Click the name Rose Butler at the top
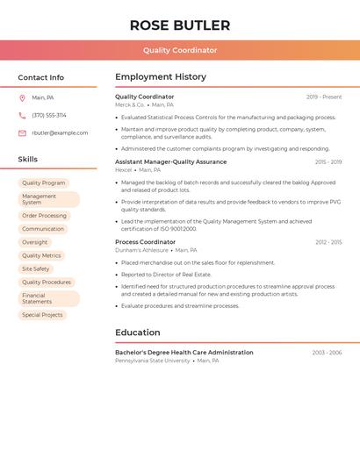point(180,25)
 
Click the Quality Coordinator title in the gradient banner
point(180,50)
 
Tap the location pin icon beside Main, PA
point(22,98)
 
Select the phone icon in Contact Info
point(22,115)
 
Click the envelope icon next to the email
point(22,133)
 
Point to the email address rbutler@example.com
point(60,133)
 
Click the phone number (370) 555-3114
point(49,115)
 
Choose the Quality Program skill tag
point(44,183)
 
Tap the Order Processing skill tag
point(44,216)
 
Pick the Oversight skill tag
point(35,242)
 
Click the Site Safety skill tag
point(36,269)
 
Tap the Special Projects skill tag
point(42,315)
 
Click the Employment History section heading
point(161,77)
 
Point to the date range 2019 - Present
point(324,97)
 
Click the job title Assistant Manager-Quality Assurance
point(170,162)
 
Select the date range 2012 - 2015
point(328,242)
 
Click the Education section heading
point(138,333)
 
